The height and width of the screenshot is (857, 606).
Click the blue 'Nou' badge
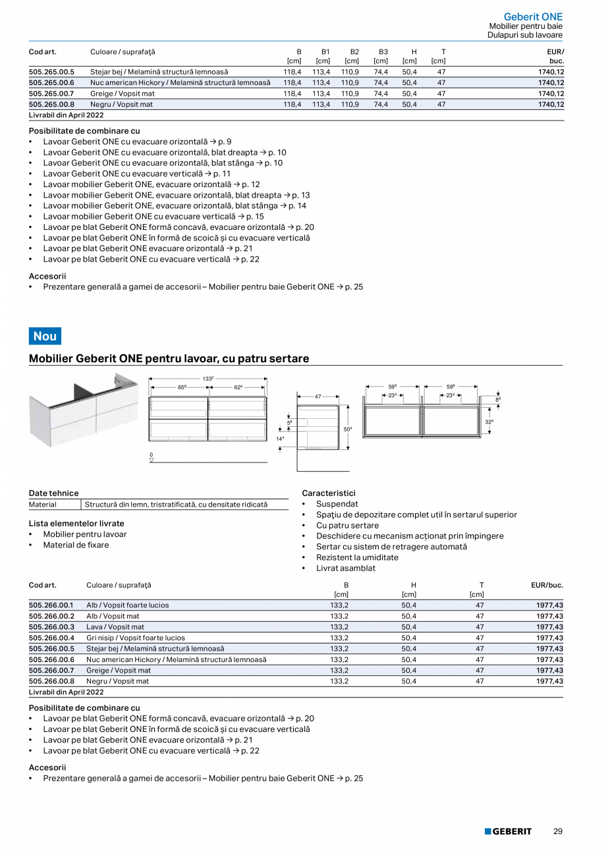[x=45, y=336]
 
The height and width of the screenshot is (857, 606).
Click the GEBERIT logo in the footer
[x=508, y=831]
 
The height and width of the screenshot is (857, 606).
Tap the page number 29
[x=557, y=831]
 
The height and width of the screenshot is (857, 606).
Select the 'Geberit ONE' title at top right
[x=533, y=16]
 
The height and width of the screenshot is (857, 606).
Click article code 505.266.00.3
[x=51, y=627]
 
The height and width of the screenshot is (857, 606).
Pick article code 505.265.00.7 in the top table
[x=51, y=94]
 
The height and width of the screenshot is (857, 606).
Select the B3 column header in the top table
[x=383, y=51]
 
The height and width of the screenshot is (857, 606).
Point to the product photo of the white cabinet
[x=84, y=409]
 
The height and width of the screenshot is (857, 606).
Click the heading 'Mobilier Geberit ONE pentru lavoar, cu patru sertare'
[x=169, y=359]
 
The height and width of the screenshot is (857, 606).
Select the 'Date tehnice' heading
[x=53, y=493]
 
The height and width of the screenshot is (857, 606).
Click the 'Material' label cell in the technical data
[x=43, y=505]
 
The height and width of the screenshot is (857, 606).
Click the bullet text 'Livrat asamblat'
[x=345, y=568]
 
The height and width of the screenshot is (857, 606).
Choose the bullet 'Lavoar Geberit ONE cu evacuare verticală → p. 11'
[x=137, y=173]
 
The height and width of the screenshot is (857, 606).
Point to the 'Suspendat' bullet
[x=337, y=504]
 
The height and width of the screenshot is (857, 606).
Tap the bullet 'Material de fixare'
[x=76, y=545]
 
